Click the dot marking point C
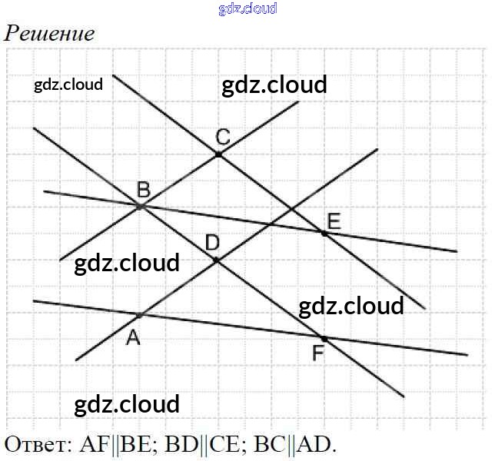coord(218,154)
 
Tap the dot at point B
coord(140,207)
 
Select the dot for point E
coord(324,232)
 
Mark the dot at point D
coord(217,260)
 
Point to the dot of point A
coord(140,315)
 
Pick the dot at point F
coord(324,337)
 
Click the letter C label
coord(222,138)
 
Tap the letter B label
coord(143,189)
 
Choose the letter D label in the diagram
coord(212,243)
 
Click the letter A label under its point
coord(133,337)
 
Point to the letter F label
coord(318,355)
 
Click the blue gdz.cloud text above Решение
coord(247,9)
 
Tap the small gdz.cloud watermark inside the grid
coord(68,85)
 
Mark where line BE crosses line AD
coord(271,224)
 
